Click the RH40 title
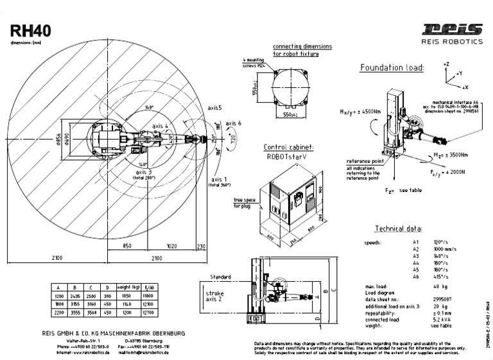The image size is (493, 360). (x=31, y=31)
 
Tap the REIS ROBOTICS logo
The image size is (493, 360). (x=452, y=33)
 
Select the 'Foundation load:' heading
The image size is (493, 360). (x=392, y=67)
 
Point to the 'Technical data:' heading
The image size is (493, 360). (x=398, y=228)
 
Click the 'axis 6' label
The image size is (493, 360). (x=233, y=123)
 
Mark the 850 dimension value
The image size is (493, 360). (x=126, y=246)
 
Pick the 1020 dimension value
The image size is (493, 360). (x=172, y=246)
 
